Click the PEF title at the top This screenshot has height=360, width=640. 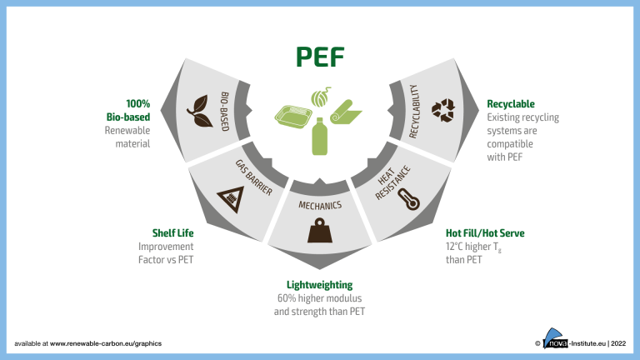pos(320,56)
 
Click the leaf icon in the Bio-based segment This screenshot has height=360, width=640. pos(197,107)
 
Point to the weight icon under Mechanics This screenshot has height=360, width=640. pos(320,230)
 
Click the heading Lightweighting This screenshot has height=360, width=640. pos(320,284)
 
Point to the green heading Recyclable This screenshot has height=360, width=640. pos(510,104)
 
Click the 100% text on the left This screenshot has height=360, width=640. pos(137,104)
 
